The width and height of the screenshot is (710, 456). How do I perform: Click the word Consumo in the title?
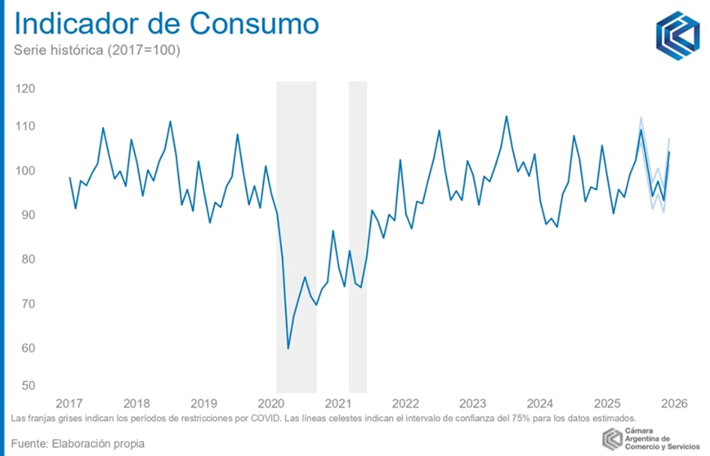(254, 24)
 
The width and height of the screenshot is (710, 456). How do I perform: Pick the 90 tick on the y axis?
(25, 215)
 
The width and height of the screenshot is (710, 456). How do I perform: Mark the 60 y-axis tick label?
(25, 348)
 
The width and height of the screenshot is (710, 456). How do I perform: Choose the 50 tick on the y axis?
(25, 386)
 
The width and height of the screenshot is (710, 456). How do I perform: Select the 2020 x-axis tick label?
(270, 403)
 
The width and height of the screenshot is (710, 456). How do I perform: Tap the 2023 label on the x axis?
(472, 403)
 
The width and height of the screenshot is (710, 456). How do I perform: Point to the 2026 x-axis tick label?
(674, 403)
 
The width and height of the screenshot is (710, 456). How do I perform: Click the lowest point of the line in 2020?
(288, 348)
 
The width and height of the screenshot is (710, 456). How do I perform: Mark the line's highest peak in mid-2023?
(506, 117)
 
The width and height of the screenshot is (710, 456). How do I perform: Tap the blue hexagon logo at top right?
(678, 35)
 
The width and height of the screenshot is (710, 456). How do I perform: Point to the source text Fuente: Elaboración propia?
(78, 443)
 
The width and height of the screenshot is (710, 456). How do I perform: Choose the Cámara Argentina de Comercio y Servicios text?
(662, 439)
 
